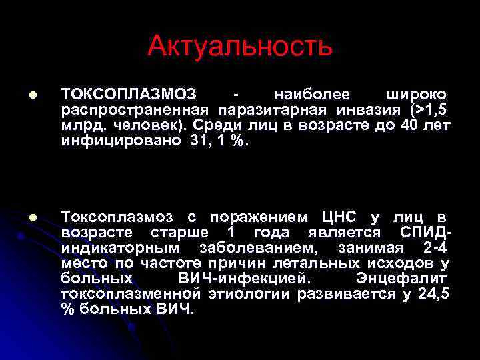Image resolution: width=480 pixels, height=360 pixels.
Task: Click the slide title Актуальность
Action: (x=239, y=45)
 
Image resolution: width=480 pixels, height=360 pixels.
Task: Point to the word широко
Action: (x=417, y=93)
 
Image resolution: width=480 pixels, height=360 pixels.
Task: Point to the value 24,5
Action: (x=433, y=293)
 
